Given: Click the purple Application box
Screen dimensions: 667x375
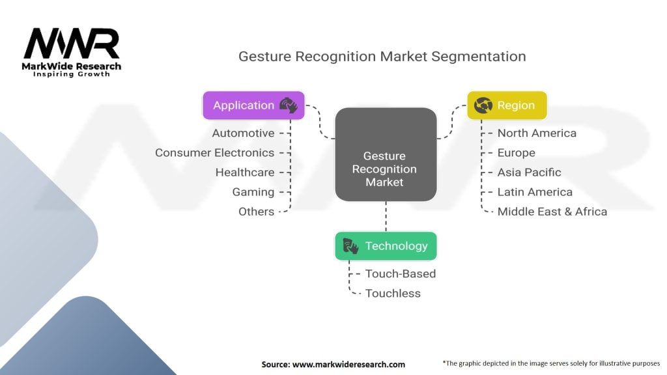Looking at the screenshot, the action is (x=253, y=105).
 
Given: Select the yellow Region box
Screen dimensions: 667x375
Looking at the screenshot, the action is (x=507, y=105).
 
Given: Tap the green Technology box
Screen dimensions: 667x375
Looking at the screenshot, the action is (x=386, y=246).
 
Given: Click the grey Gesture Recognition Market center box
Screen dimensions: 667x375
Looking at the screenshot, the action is (x=386, y=154).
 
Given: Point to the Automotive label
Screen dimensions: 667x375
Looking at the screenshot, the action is (x=244, y=133).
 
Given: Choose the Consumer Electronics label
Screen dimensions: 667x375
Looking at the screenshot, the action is (x=214, y=152).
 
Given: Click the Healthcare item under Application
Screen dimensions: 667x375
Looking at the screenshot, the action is (x=245, y=172).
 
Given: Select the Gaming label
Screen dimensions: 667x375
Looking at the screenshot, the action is (x=253, y=192).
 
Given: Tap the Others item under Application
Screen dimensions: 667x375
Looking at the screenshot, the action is (x=256, y=212).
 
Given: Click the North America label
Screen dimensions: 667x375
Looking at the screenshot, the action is (x=537, y=133).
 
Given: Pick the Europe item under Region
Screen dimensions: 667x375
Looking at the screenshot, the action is (x=517, y=152).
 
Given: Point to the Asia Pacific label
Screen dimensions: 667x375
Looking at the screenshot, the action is (x=529, y=172).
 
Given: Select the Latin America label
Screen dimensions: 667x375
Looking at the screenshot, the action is (x=535, y=192).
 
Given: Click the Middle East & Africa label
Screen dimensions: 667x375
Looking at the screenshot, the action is (x=552, y=212).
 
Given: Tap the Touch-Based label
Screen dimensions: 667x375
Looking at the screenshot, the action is (x=401, y=274).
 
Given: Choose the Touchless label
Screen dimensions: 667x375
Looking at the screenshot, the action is (x=393, y=294).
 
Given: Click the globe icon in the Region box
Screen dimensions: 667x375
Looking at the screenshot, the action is (x=483, y=105).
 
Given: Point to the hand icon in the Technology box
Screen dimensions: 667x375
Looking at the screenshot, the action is (x=350, y=246).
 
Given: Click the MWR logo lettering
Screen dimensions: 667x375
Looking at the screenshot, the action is (x=72, y=43).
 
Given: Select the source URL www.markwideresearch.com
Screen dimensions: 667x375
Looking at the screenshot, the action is (x=349, y=365).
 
